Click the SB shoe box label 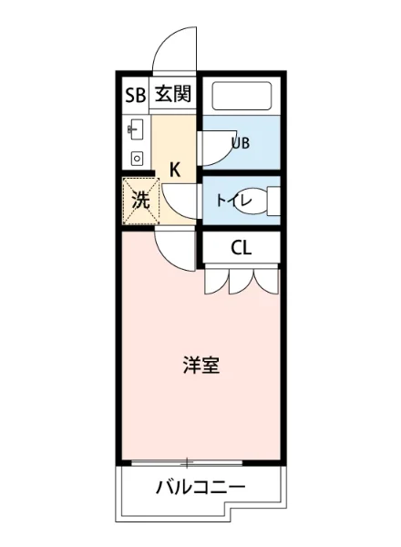pyautogui.click(x=135, y=93)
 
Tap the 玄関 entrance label pyautogui.click(x=172, y=93)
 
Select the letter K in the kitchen pyautogui.click(x=176, y=168)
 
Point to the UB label pyautogui.click(x=241, y=142)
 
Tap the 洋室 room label pyautogui.click(x=200, y=366)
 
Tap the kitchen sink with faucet pyautogui.click(x=137, y=129)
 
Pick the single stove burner pyautogui.click(x=137, y=157)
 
